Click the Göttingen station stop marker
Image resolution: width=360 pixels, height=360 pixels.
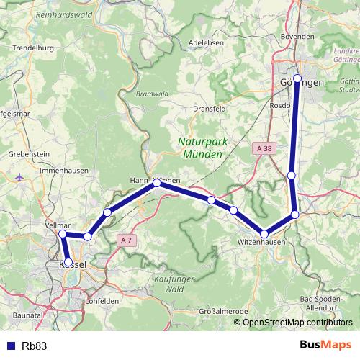coord(297,78)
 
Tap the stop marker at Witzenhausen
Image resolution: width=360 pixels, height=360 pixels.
coord(265,234)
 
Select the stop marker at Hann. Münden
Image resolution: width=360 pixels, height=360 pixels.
coord(156,184)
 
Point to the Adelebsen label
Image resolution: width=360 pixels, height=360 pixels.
coord(202,42)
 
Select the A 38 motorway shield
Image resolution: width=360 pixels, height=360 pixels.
coord(264,148)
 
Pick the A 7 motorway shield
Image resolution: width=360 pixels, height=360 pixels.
coord(127,240)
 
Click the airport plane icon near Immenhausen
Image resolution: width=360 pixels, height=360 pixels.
coord(18,176)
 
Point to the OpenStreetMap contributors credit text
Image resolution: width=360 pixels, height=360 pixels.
coord(297,323)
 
